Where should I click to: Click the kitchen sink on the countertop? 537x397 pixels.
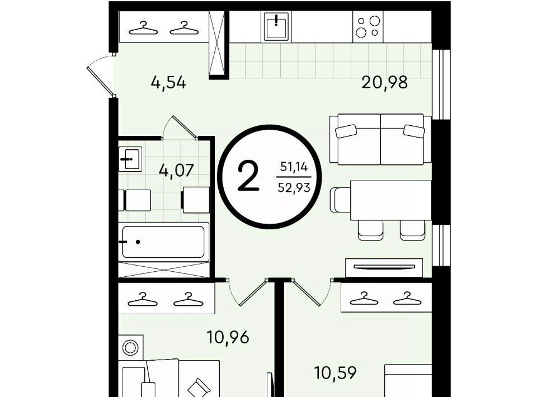(x=276, y=26)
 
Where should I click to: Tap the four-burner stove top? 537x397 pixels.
(x=368, y=27)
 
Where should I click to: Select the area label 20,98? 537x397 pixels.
(x=385, y=83)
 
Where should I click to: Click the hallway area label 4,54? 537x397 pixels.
(x=168, y=83)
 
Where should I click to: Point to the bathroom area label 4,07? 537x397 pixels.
(x=176, y=170)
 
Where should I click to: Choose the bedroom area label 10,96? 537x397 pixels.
(x=228, y=338)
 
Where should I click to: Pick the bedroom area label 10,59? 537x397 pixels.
(x=335, y=373)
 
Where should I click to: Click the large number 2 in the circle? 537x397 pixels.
(x=248, y=177)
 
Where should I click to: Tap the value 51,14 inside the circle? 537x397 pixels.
(x=294, y=167)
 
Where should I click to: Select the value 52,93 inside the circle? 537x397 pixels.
(x=294, y=187)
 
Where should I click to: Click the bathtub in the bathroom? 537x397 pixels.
(x=164, y=242)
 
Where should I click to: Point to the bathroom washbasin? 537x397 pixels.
(x=130, y=159)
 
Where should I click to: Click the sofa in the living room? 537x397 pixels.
(x=380, y=139)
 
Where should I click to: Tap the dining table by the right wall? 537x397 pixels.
(x=391, y=200)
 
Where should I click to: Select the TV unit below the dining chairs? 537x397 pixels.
(x=384, y=267)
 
